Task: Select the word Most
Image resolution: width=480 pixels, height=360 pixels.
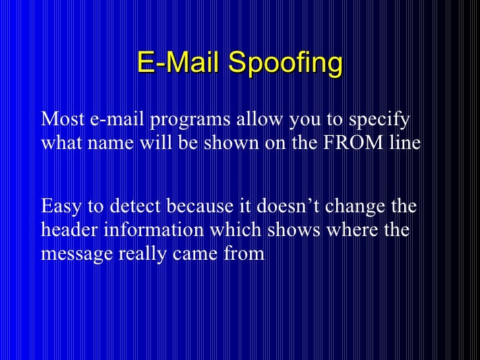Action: pos(59,121)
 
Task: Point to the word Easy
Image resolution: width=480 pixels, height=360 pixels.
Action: pos(60,207)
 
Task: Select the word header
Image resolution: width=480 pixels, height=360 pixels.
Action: pos(65,230)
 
